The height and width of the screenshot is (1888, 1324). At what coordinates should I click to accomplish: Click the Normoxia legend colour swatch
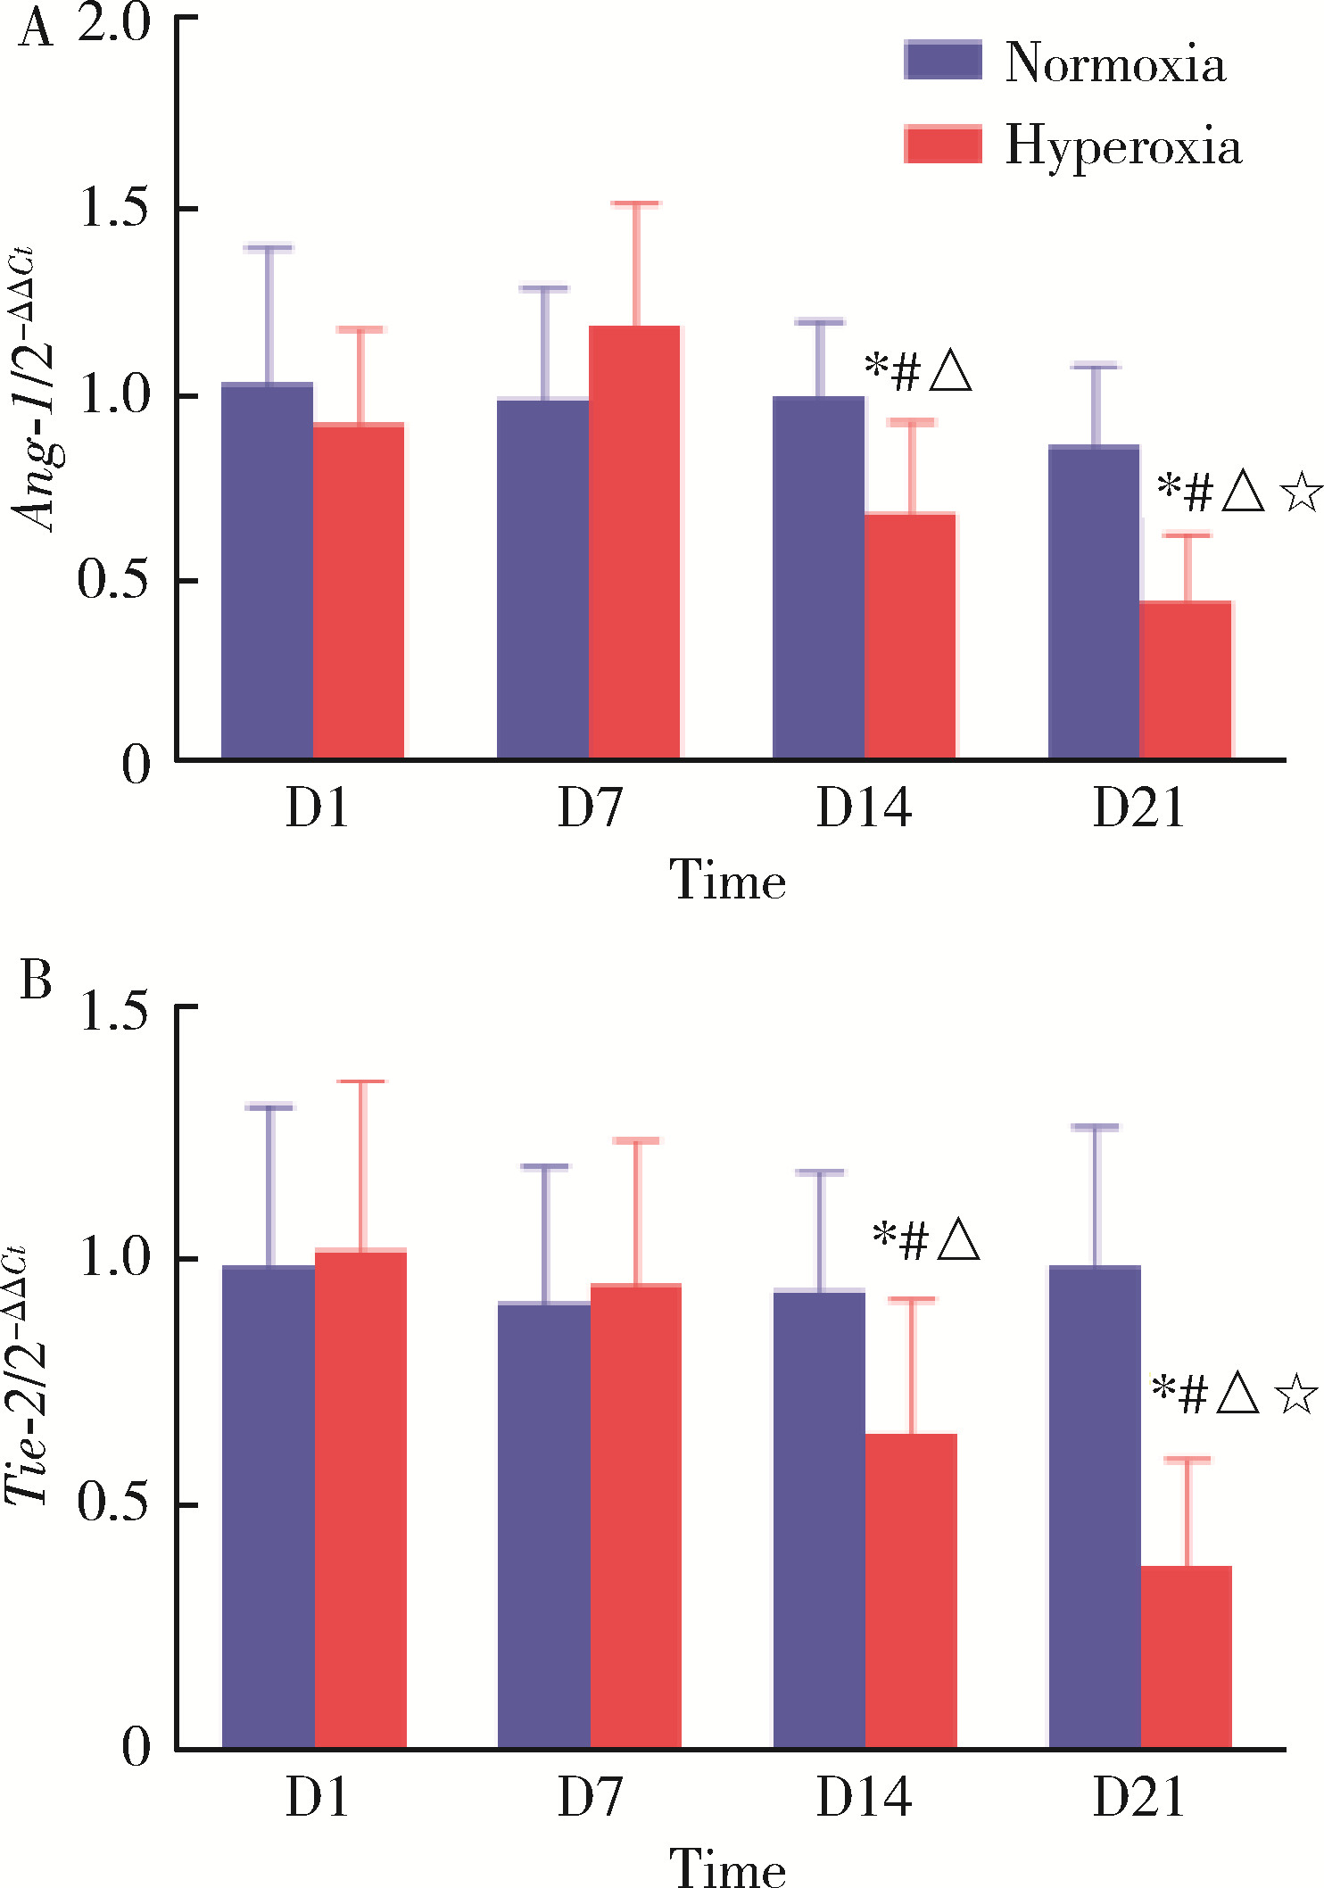(943, 61)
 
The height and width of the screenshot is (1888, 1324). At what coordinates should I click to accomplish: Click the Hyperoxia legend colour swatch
(943, 144)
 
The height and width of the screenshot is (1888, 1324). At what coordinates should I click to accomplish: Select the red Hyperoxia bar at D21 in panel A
(1186, 680)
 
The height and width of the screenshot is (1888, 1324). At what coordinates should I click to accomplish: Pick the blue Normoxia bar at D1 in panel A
(268, 571)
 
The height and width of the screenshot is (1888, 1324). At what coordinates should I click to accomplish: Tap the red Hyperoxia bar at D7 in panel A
(634, 542)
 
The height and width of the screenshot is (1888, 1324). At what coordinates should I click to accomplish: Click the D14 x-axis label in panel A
(864, 808)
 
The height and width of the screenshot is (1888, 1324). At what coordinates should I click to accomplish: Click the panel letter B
(36, 981)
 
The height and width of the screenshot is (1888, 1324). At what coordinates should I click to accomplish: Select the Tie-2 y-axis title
(27, 1374)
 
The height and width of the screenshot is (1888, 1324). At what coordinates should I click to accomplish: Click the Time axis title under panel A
(728, 881)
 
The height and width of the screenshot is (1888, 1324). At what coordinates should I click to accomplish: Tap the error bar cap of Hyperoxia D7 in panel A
(636, 204)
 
